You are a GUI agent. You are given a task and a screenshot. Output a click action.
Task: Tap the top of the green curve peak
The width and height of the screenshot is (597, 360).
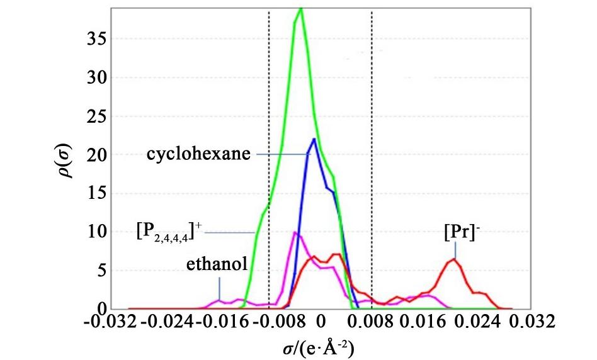301,9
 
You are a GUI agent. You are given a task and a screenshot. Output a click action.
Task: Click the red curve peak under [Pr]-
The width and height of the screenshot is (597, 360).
453,259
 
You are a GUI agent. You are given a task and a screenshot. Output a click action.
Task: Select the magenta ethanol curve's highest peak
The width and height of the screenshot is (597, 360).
295,233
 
